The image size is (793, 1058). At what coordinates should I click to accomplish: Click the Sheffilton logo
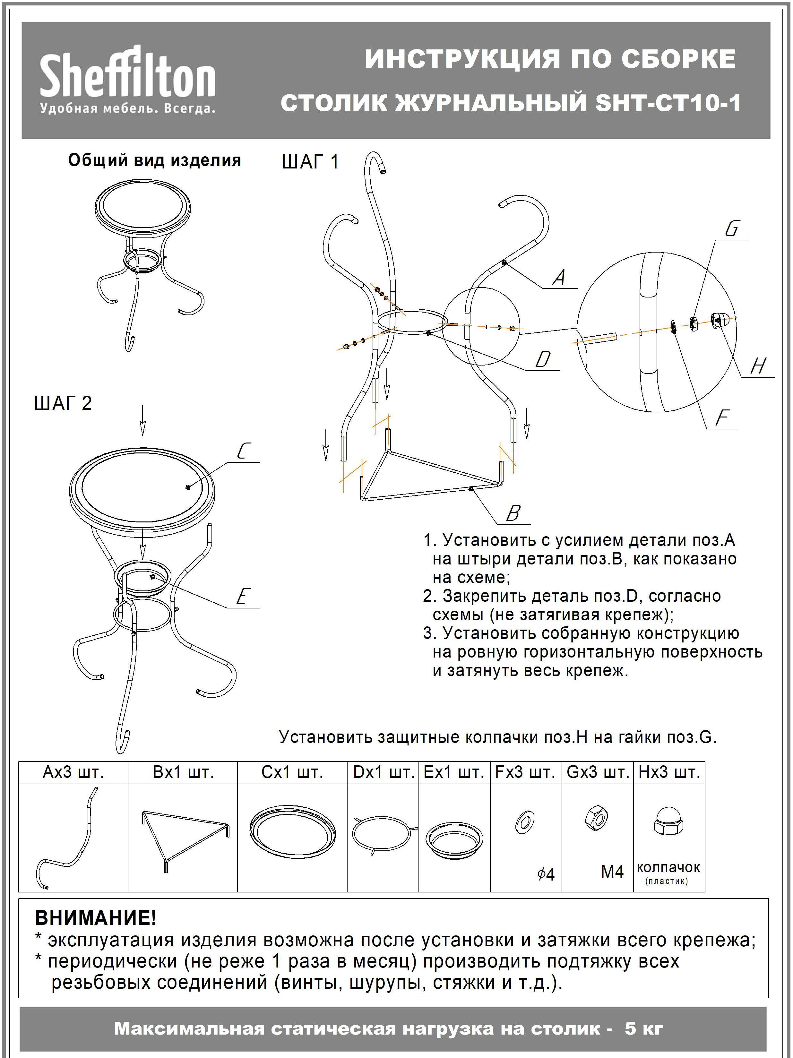[x=127, y=79]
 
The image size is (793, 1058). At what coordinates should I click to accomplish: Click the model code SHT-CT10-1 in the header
[x=668, y=103]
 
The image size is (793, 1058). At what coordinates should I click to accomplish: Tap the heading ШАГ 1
[x=310, y=162]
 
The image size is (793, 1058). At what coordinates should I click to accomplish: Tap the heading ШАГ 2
[x=63, y=403]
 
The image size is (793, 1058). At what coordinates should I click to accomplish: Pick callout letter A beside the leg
[x=559, y=277]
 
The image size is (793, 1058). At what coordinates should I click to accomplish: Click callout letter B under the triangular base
[x=513, y=514]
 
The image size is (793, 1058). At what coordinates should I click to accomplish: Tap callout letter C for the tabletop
[x=243, y=451]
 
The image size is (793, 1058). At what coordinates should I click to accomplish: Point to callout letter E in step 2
[x=242, y=597]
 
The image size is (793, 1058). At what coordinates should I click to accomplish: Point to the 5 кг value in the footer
[x=644, y=1028]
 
